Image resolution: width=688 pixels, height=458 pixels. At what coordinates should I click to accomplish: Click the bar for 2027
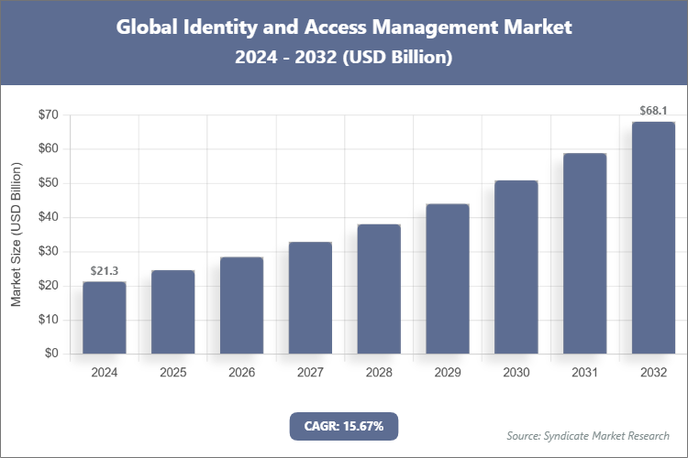(310, 298)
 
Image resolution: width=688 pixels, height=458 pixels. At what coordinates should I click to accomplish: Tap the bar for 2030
(516, 267)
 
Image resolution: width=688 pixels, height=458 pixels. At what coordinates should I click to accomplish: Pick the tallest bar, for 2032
(653, 237)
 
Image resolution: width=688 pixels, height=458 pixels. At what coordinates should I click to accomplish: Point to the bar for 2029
(447, 278)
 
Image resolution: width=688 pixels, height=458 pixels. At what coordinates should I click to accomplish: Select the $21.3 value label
(104, 270)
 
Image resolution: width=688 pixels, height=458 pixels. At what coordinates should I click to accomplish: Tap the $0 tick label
(51, 354)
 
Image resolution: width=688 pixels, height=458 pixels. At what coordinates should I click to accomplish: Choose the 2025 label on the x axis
(172, 373)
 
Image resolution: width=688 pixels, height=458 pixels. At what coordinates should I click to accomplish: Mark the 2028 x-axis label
(379, 373)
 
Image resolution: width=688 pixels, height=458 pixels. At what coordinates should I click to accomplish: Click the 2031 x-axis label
(584, 373)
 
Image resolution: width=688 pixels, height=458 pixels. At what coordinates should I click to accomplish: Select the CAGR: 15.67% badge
(344, 425)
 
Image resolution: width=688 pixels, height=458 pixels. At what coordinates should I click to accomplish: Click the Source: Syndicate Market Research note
(588, 435)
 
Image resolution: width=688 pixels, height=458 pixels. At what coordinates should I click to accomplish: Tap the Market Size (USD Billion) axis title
(16, 234)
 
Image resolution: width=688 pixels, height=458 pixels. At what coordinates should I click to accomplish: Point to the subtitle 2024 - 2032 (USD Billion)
(344, 57)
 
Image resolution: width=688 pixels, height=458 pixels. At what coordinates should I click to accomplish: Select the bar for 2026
(241, 305)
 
